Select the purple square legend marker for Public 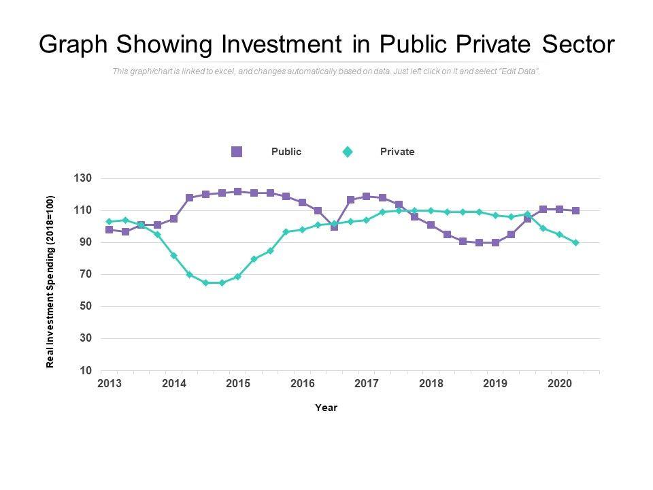[x=237, y=152]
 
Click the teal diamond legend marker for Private [x=348, y=152]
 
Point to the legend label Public [x=286, y=152]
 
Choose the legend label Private [x=397, y=152]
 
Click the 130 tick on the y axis [x=83, y=178]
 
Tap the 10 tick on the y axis [x=86, y=371]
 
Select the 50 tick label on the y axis [x=86, y=306]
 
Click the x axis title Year [x=326, y=408]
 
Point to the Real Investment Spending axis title [x=50, y=282]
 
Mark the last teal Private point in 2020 [x=575, y=242]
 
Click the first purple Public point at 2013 [x=110, y=230]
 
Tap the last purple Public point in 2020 [x=575, y=211]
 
